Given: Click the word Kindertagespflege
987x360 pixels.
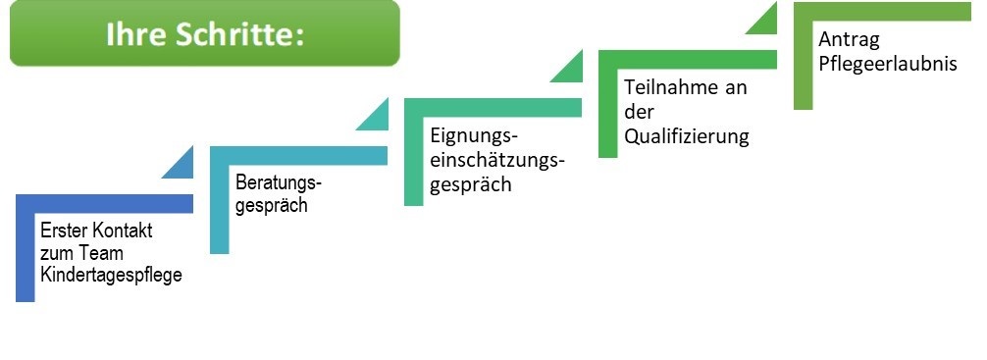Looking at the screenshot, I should tap(111, 275).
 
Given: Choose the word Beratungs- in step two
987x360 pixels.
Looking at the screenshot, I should tap(279, 183).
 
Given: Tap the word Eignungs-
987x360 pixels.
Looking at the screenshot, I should tap(474, 134).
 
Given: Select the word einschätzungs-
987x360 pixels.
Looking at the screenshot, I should tap(498, 160).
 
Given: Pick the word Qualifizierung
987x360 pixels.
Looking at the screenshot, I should tap(687, 136).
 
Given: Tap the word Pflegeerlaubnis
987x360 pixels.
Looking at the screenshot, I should tap(878, 65).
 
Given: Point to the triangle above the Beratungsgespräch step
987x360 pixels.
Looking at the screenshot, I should tap(375, 115).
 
